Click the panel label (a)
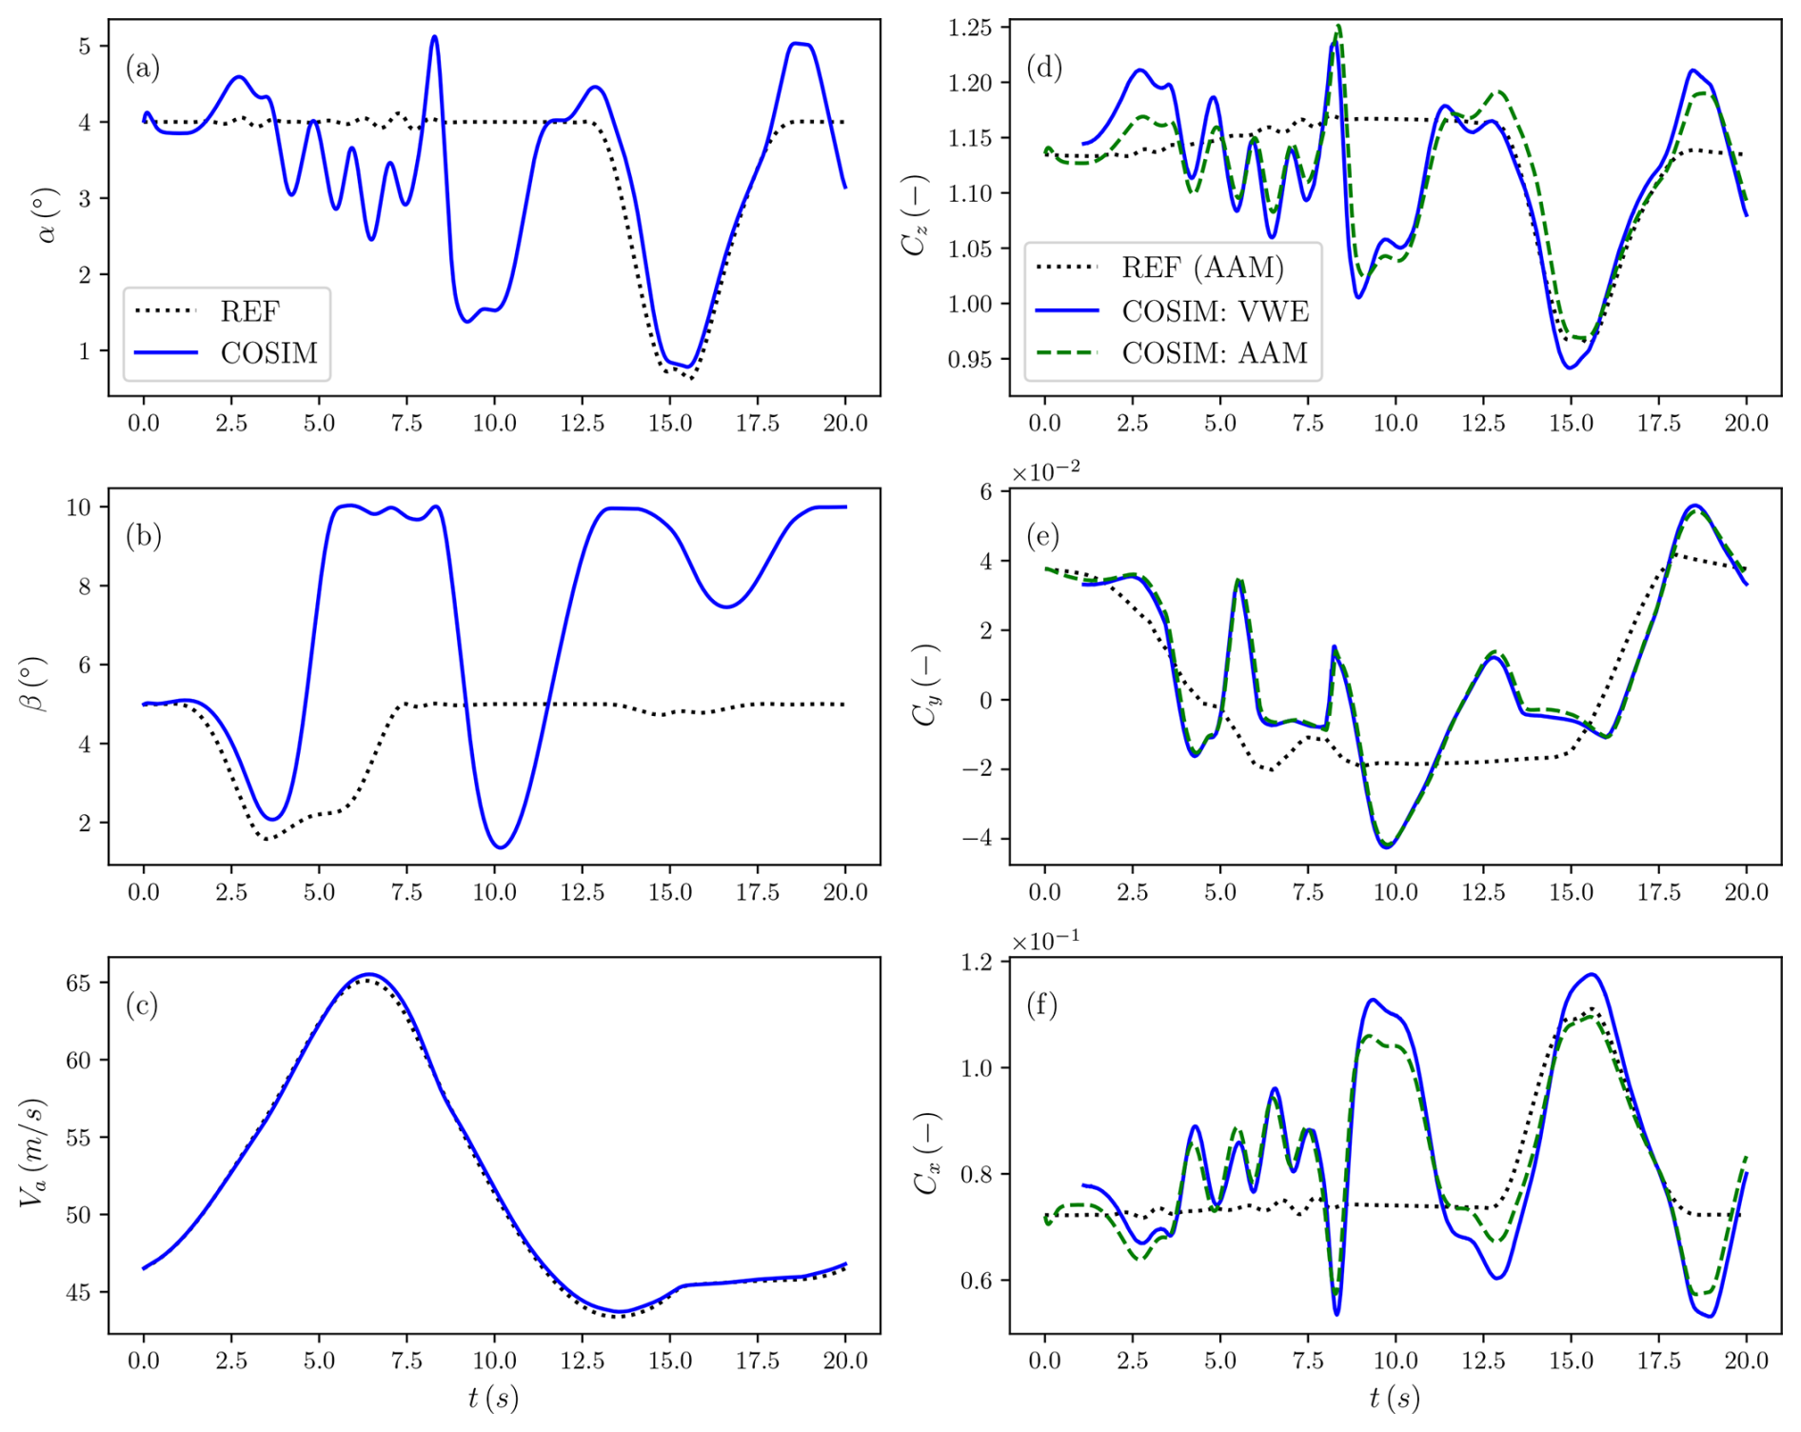pyautogui.click(x=143, y=68)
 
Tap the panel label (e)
pyautogui.click(x=1043, y=536)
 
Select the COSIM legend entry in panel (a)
pyautogui.click(x=268, y=353)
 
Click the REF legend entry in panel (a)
pyautogui.click(x=249, y=311)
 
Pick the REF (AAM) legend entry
pyautogui.click(x=1202, y=268)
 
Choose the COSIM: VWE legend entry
pyautogui.click(x=1215, y=311)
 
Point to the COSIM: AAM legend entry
pyautogui.click(x=1215, y=353)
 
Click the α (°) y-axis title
pyautogui.click(x=45, y=215)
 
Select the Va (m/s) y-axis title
pyautogui.click(x=33, y=1153)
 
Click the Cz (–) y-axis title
pyautogui.click(x=916, y=215)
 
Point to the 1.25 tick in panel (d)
pyautogui.click(x=969, y=28)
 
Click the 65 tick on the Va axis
pyautogui.click(x=79, y=983)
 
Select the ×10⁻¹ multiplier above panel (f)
pyautogui.click(x=1045, y=942)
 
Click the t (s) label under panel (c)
pyautogui.click(x=493, y=1398)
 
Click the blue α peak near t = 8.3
pyautogui.click(x=435, y=37)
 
